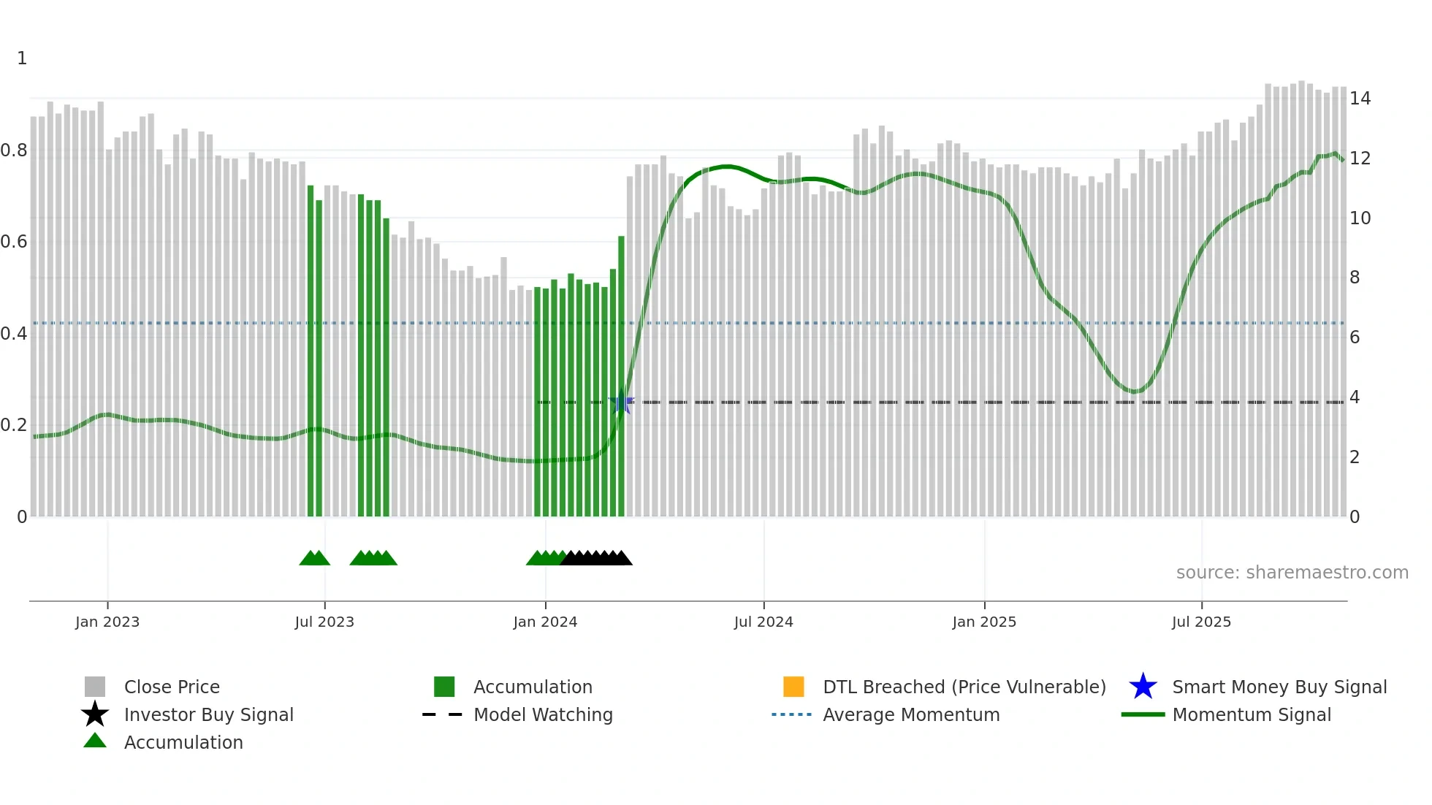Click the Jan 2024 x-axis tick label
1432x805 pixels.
tap(545, 622)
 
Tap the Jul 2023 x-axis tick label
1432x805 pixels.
tap(324, 622)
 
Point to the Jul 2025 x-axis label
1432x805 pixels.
tap(1201, 622)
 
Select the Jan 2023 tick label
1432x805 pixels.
tap(107, 622)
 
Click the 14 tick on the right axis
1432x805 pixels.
tap(1360, 99)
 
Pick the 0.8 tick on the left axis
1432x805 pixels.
tap(15, 150)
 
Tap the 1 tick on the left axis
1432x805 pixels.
tap(22, 58)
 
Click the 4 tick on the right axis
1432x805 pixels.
tap(1355, 397)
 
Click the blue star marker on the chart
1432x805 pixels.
tap(622, 402)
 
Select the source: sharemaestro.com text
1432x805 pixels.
tap(1292, 573)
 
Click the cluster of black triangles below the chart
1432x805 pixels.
tap(596, 558)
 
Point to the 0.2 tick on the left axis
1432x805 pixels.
tap(15, 425)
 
